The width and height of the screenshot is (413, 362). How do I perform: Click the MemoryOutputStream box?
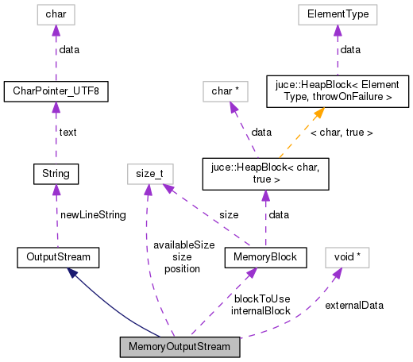coord(179,347)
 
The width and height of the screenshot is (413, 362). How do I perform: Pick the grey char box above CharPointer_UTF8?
coord(56,13)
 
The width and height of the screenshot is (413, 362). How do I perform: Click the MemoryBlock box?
coord(264,257)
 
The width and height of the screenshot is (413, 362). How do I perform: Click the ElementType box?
coord(338,13)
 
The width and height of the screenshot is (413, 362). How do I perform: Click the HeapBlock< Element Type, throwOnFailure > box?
coord(338,91)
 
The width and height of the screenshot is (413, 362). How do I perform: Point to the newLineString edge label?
coord(93,215)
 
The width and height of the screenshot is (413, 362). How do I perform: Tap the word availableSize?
coord(183,245)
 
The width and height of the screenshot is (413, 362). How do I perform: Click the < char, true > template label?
coord(341,133)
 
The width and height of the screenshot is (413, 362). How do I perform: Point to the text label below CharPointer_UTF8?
coord(68,132)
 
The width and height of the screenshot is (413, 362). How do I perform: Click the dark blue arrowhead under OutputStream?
coord(72,272)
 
